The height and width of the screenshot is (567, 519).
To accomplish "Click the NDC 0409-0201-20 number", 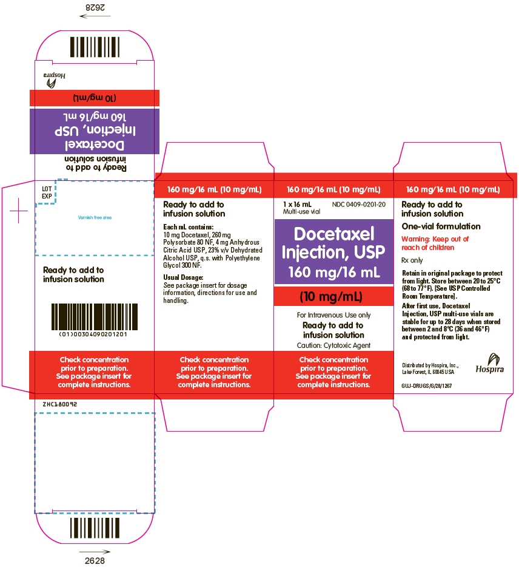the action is tap(359, 205).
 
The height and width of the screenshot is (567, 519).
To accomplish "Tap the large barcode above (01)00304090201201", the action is tap(94, 317).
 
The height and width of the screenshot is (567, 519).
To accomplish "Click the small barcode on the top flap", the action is tap(95, 47).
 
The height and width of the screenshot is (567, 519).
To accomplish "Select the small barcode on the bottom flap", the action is tap(95, 528).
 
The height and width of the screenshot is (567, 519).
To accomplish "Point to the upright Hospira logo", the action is tap(490, 364).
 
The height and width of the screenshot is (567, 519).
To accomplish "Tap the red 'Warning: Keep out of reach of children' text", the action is tap(435, 243).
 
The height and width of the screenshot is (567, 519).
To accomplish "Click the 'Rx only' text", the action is tap(412, 260).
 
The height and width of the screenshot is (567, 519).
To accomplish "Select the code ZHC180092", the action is tap(60, 404).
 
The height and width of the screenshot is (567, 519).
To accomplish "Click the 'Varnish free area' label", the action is tap(95, 217).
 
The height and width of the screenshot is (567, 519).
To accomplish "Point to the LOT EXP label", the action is tap(47, 192).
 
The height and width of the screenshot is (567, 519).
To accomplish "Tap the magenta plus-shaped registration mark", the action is tap(18, 211).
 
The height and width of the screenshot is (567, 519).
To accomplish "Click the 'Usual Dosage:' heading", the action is tap(183, 277).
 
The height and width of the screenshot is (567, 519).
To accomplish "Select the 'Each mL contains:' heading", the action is tap(188, 227).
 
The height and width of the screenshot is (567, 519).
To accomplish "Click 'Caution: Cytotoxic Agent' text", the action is tap(333, 345).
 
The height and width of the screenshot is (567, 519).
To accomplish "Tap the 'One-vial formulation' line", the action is tap(441, 226).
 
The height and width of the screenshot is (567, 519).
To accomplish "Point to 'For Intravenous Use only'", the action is tap(333, 315).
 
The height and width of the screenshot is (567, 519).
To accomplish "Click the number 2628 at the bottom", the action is tap(95, 560).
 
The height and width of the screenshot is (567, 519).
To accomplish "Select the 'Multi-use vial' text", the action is tap(301, 211).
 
